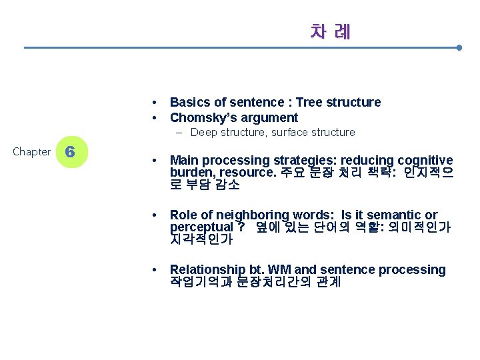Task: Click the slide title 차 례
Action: pyautogui.click(x=330, y=31)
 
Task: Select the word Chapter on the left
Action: pyautogui.click(x=31, y=152)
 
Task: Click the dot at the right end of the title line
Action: pyautogui.click(x=459, y=48)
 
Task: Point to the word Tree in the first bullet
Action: pyautogui.click(x=309, y=102)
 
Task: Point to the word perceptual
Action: pyautogui.click(x=198, y=227)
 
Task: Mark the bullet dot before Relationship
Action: pyautogui.click(x=154, y=270)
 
